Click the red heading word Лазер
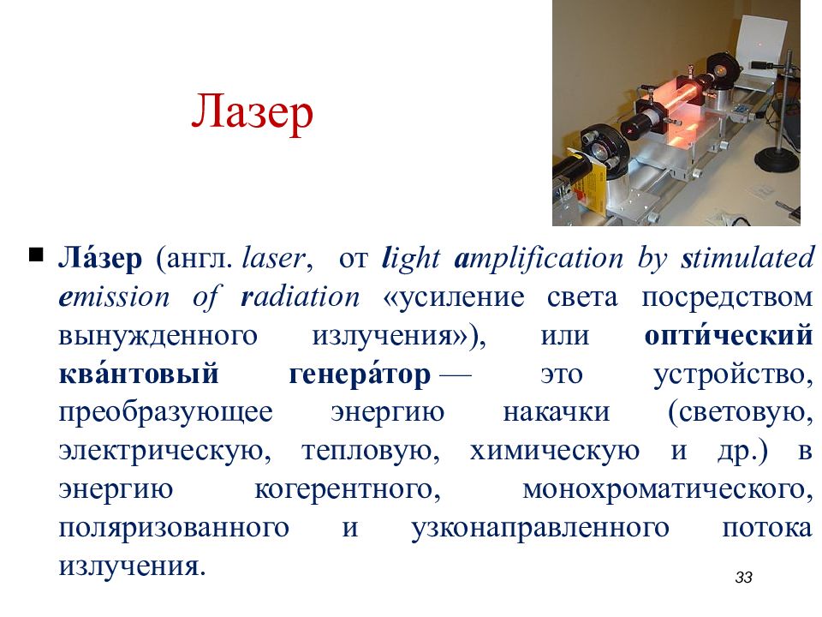point(252,114)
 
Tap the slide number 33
point(743,578)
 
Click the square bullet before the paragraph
point(36,255)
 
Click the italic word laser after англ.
point(272,258)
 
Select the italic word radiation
point(301,297)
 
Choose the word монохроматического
point(666,489)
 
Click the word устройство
point(731,374)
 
